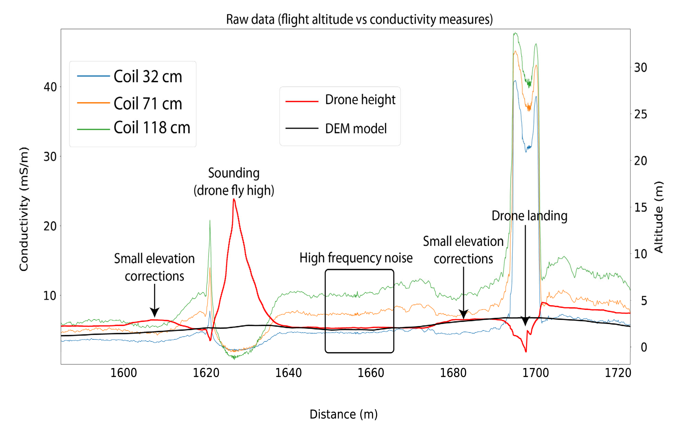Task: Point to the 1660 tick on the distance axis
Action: tap(371, 373)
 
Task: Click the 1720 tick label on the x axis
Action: tap(618, 373)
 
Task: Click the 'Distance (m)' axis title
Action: tap(343, 414)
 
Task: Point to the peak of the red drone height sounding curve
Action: tap(234, 200)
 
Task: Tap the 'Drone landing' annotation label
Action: tap(529, 216)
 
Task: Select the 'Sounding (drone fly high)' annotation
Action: tap(234, 182)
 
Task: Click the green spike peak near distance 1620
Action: tap(210, 220)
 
